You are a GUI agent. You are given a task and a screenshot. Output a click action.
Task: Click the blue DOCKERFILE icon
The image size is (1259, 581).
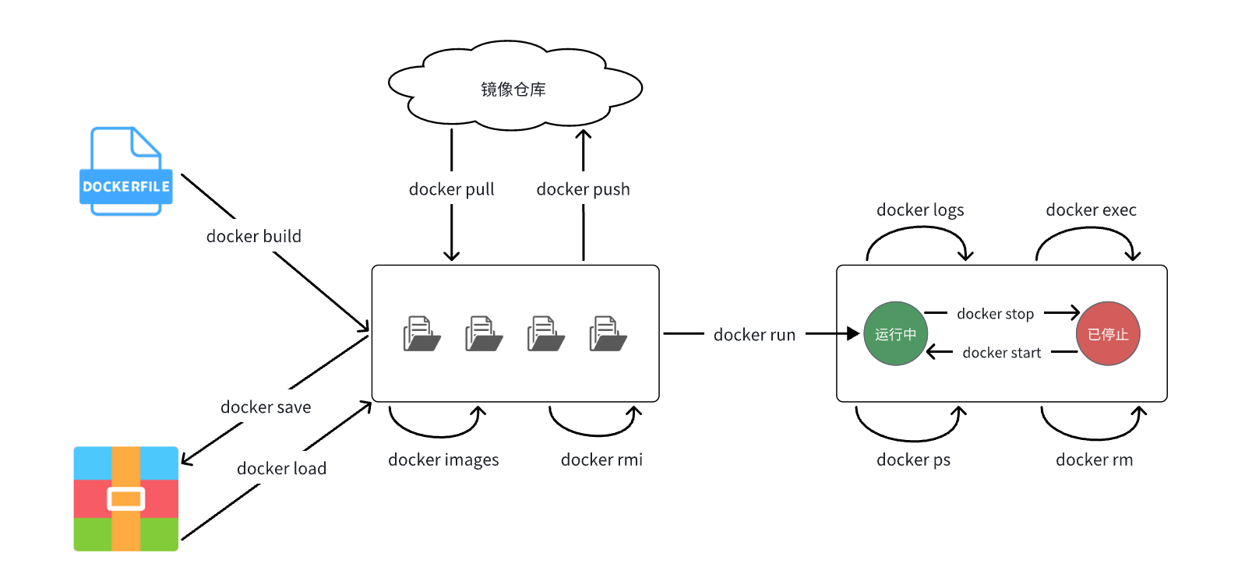point(125,171)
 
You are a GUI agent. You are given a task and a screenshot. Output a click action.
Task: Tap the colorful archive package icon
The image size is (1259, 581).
point(126,498)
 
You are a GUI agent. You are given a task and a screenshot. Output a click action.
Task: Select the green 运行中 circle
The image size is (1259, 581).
point(895,333)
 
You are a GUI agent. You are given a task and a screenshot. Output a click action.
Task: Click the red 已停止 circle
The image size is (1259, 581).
point(1108,333)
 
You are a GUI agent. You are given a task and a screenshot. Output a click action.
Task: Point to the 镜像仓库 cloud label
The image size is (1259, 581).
point(513,90)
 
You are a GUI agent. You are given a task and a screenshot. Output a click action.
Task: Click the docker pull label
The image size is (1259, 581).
point(452,189)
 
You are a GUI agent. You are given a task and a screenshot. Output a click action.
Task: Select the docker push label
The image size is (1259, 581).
point(583,189)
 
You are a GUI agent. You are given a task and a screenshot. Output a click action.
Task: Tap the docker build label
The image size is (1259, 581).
point(253,236)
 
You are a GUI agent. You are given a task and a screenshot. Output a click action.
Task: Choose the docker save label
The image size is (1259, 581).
point(266,407)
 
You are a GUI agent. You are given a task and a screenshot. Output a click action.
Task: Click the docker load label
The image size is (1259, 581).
point(281,468)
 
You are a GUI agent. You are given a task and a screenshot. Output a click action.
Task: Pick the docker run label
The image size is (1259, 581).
point(754,335)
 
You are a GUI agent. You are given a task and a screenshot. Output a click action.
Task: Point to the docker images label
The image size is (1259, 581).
point(443,460)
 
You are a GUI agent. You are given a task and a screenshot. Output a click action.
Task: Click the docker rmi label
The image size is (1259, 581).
point(601,460)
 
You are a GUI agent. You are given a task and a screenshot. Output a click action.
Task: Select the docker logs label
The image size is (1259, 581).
point(920,210)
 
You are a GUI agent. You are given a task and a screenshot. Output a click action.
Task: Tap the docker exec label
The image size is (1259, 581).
point(1091,210)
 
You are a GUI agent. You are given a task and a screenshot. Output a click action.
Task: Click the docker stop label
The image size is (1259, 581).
point(995,314)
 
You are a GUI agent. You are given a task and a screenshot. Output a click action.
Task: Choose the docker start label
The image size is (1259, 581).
point(1001,353)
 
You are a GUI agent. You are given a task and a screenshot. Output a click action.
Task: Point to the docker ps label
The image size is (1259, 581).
point(913,460)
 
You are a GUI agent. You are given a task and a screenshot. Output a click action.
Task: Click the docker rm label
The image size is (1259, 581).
point(1094,460)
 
